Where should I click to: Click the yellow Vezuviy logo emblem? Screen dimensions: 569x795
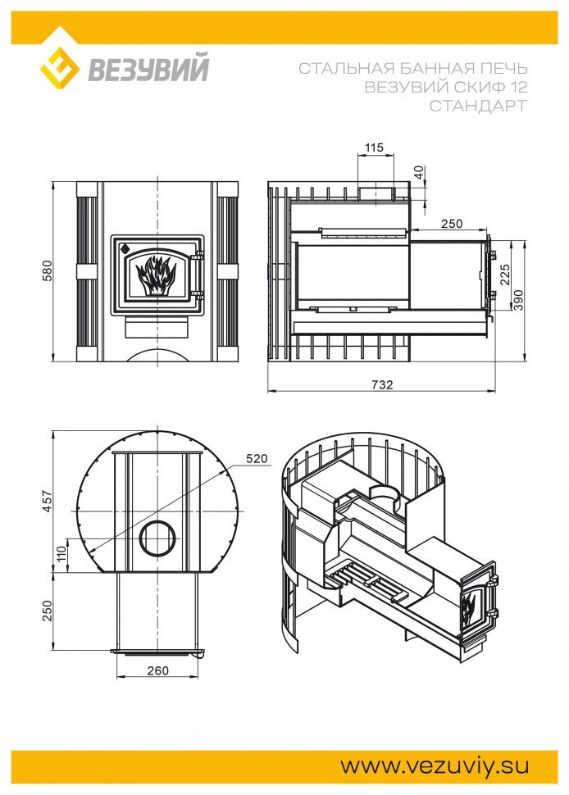pos(61,68)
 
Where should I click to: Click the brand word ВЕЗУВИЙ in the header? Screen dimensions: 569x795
pos(148,68)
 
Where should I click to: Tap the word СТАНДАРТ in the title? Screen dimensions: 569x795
pos(478,106)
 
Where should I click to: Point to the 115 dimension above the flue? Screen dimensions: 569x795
pos(374,148)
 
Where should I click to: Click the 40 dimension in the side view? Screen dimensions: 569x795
pos(419,172)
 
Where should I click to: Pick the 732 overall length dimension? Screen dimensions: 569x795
pos(382,384)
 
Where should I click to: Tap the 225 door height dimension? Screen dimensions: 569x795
pos(505,275)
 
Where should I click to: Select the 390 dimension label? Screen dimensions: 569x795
pos(518,300)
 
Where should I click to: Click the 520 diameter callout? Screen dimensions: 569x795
pos(257,458)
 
